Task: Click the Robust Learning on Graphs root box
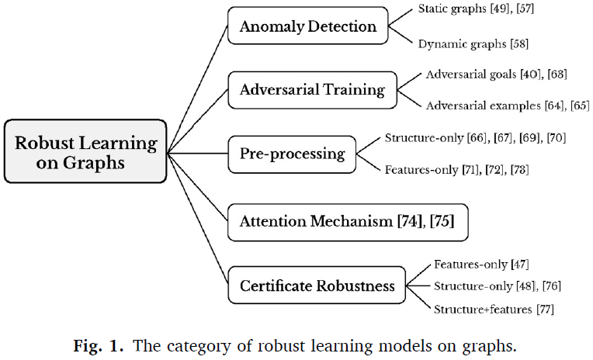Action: [86, 152]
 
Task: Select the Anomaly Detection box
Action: [308, 26]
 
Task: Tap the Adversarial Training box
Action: [312, 89]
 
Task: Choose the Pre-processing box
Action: [292, 153]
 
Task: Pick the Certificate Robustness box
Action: [317, 286]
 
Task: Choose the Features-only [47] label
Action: [481, 265]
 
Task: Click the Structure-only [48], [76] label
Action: [497, 286]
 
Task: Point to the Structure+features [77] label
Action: [493, 310]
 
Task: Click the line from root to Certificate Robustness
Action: [198, 218]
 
